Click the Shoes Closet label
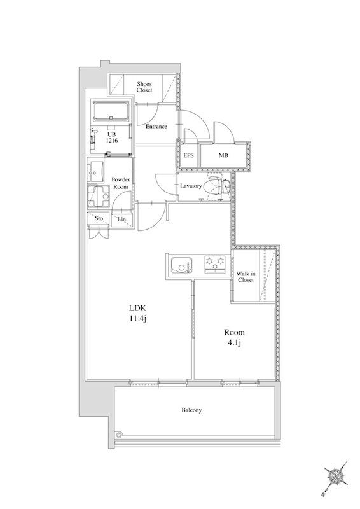click(x=144, y=87)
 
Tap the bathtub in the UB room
click(x=111, y=112)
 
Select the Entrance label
click(x=156, y=126)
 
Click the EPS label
click(x=188, y=155)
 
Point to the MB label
click(x=223, y=155)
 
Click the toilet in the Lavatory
click(x=215, y=186)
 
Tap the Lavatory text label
click(x=191, y=186)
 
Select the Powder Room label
click(x=121, y=183)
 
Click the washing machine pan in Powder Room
click(x=99, y=197)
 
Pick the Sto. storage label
click(x=99, y=218)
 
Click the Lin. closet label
click(x=122, y=220)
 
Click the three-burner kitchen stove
click(x=215, y=264)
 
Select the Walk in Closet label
click(x=246, y=277)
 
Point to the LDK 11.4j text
click(x=138, y=313)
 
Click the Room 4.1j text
click(x=234, y=337)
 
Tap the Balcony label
click(x=191, y=410)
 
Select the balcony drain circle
click(x=120, y=435)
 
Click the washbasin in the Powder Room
click(x=95, y=171)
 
